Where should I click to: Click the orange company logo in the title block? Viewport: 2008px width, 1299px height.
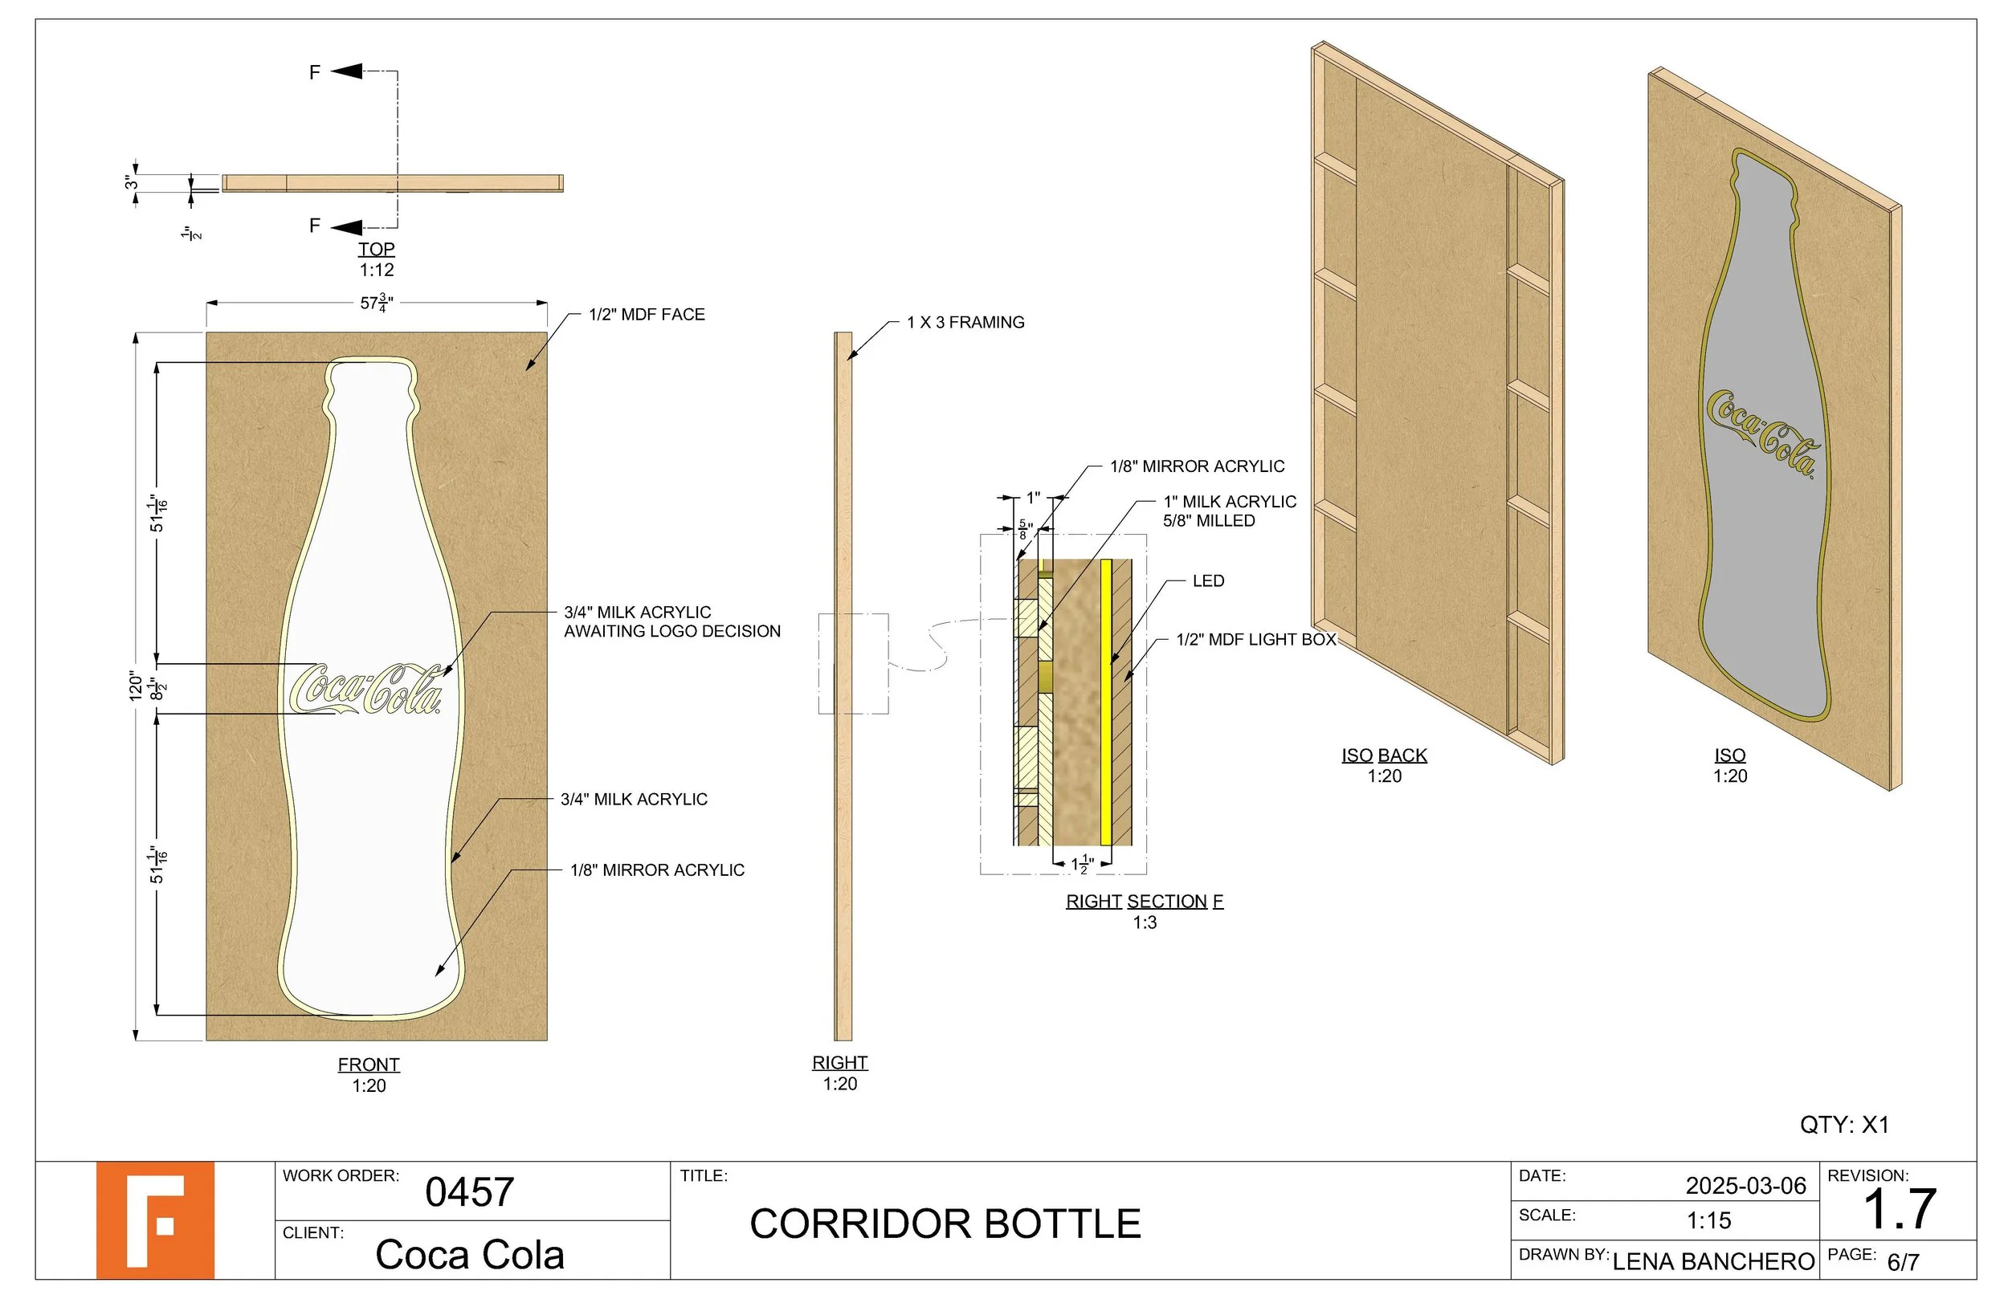[x=154, y=1220]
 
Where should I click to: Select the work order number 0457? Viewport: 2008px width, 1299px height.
[x=469, y=1192]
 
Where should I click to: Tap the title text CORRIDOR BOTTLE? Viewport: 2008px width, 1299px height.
[x=945, y=1224]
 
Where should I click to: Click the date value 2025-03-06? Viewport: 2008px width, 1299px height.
[x=1745, y=1186]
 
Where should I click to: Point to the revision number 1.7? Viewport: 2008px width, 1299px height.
[x=1898, y=1210]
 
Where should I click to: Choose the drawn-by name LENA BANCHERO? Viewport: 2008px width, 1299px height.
[x=1712, y=1262]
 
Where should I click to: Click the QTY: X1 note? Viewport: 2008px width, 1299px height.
[x=1843, y=1125]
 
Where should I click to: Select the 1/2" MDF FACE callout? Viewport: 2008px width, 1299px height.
[x=647, y=315]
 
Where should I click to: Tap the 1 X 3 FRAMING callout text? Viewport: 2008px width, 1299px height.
[x=965, y=322]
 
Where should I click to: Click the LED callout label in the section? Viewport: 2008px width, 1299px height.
[x=1207, y=581]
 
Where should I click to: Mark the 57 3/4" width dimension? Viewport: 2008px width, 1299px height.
[x=376, y=302]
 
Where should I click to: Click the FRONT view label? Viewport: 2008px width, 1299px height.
[x=369, y=1065]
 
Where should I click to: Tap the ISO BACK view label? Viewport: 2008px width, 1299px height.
[x=1384, y=755]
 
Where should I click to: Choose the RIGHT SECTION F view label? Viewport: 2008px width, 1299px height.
[x=1144, y=902]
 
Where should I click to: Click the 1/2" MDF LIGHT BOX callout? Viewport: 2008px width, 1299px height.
[x=1255, y=639]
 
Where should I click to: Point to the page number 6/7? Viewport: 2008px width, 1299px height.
[x=1903, y=1263]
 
